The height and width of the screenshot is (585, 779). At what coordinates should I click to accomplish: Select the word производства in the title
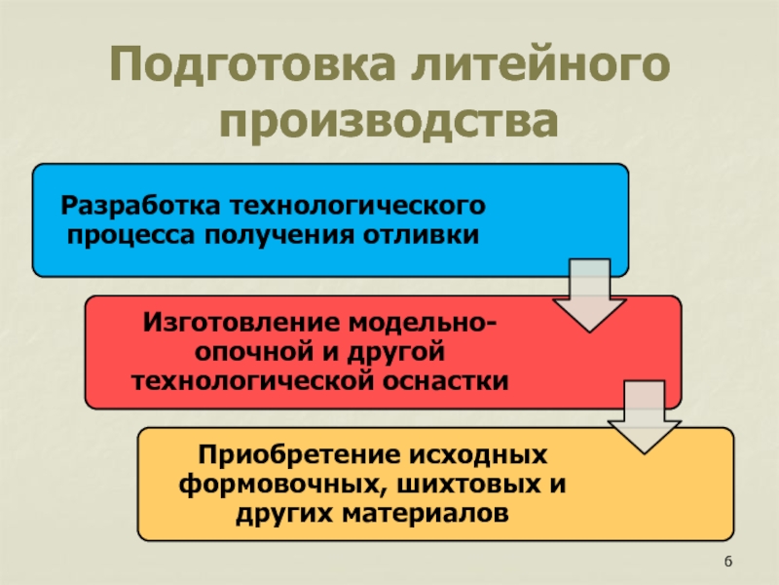click(389, 124)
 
